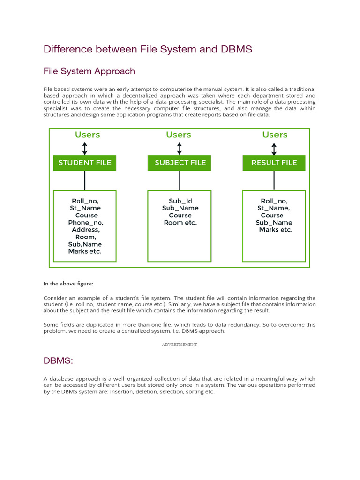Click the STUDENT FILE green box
(85, 163)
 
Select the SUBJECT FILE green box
(180, 163)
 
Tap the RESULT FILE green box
(274, 163)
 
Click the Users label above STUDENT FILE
(87, 135)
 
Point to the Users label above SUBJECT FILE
(179, 135)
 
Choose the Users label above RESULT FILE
(275, 135)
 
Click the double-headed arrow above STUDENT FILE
(85, 149)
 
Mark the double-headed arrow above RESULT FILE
(274, 149)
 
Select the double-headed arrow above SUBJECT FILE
(180, 149)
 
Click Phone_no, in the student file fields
(86, 223)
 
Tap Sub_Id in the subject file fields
(180, 201)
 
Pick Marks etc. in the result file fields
(276, 230)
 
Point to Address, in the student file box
(86, 230)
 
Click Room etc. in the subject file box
(180, 223)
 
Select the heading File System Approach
(89, 71)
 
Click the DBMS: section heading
(58, 360)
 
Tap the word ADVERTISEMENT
(180, 345)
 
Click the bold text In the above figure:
(68, 284)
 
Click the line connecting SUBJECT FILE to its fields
(180, 180)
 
